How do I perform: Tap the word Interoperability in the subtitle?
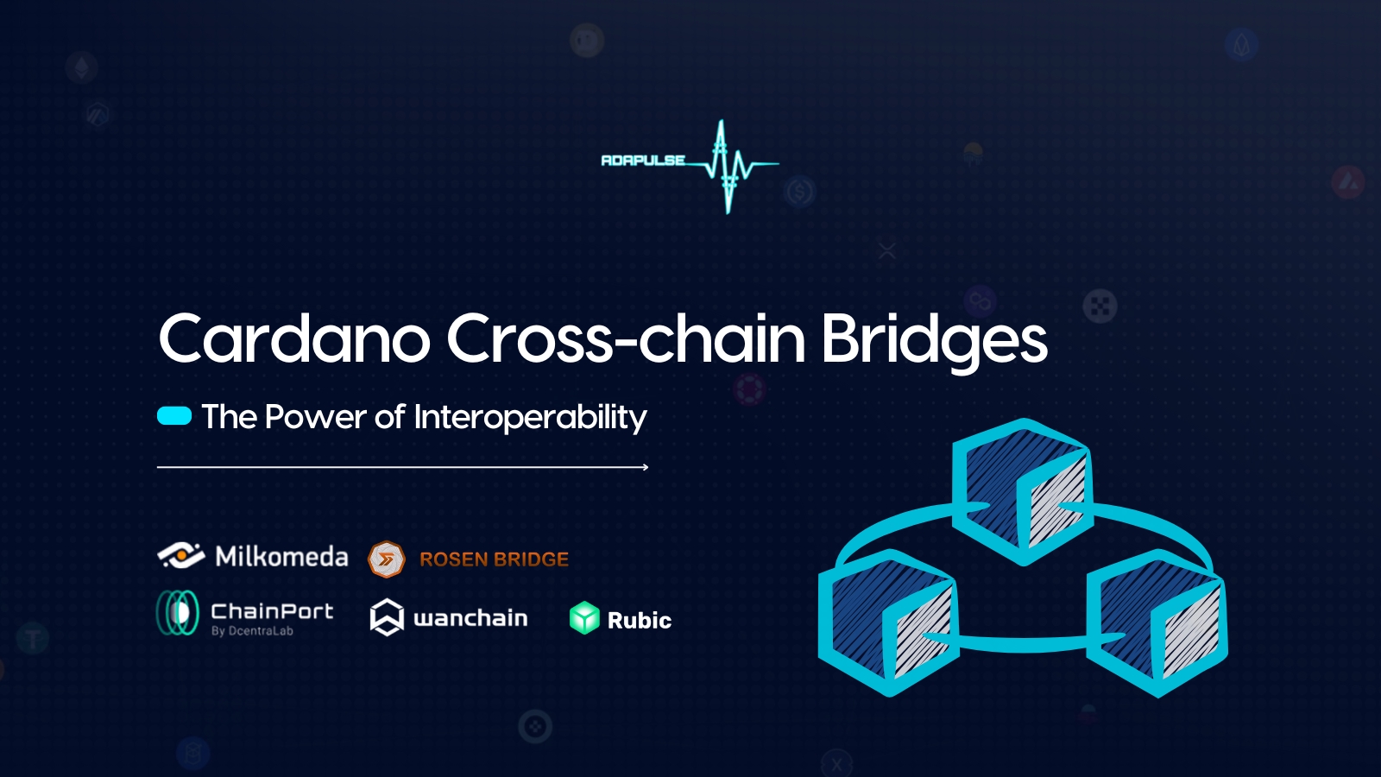530,418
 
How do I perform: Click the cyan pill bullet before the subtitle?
174,416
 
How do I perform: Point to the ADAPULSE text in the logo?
643,161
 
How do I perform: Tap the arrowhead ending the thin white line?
646,467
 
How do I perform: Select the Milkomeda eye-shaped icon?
181,556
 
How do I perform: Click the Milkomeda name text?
281,556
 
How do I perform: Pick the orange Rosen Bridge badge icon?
387,559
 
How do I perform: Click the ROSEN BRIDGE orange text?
494,559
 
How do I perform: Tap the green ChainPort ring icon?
178,613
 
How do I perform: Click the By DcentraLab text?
252,631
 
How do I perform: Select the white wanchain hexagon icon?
387,616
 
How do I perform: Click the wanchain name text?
470,618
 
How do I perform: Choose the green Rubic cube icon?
584,618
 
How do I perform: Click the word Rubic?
640,621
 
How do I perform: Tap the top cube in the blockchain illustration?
1023,492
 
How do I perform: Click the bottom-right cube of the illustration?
1157,623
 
